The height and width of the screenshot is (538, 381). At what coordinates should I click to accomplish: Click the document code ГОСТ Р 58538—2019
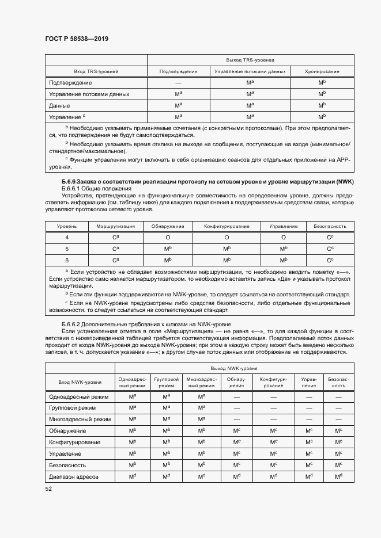(76, 39)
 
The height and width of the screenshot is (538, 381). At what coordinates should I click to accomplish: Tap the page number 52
(48, 489)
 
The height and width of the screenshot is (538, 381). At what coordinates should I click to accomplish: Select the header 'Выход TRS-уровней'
(250, 60)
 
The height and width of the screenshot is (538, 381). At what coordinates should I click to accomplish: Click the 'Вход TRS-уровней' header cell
(96, 71)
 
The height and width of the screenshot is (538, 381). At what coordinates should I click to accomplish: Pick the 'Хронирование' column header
(322, 71)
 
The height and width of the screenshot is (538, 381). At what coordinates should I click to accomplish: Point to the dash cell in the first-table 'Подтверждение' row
(178, 83)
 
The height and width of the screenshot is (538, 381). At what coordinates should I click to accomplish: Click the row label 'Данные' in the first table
(60, 106)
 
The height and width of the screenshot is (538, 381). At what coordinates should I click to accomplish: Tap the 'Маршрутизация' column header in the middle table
(116, 227)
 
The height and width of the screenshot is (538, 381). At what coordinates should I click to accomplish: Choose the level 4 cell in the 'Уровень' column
(66, 238)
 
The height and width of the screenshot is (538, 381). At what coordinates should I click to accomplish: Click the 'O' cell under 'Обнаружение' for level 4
(168, 238)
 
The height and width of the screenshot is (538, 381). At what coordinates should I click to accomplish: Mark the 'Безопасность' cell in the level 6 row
(330, 260)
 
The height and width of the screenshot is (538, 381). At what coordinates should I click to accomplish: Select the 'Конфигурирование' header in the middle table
(227, 227)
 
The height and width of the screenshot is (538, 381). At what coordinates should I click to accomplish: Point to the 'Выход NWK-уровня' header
(234, 368)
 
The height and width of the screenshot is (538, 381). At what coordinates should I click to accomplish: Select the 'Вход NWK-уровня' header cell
(80, 382)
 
